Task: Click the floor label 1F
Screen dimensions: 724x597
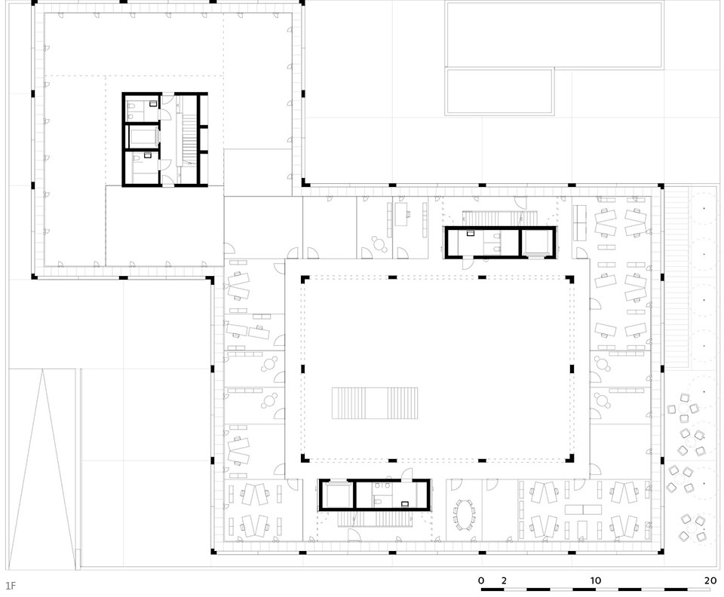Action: pos(11,586)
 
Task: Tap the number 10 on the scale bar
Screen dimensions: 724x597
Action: pos(596,580)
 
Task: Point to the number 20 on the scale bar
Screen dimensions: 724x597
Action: pos(710,580)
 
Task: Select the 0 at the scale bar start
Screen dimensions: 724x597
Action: pos(481,580)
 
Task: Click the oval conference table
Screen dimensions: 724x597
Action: pos(465,516)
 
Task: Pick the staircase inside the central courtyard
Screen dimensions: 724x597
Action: pos(375,403)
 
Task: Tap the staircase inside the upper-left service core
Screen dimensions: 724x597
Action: pos(189,137)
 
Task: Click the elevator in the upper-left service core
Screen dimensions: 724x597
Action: pos(143,137)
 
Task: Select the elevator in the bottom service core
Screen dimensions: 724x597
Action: pos(336,495)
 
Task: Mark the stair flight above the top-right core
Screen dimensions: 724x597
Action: pos(501,218)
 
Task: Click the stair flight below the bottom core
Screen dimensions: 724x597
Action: pos(375,519)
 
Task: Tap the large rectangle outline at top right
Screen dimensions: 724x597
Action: pos(554,35)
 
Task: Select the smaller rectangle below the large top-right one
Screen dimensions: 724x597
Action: pos(499,91)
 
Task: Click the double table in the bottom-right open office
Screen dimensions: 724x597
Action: pos(584,510)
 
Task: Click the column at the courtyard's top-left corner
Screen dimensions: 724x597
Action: pos(304,279)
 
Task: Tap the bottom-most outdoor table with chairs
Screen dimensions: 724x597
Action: pos(692,528)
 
